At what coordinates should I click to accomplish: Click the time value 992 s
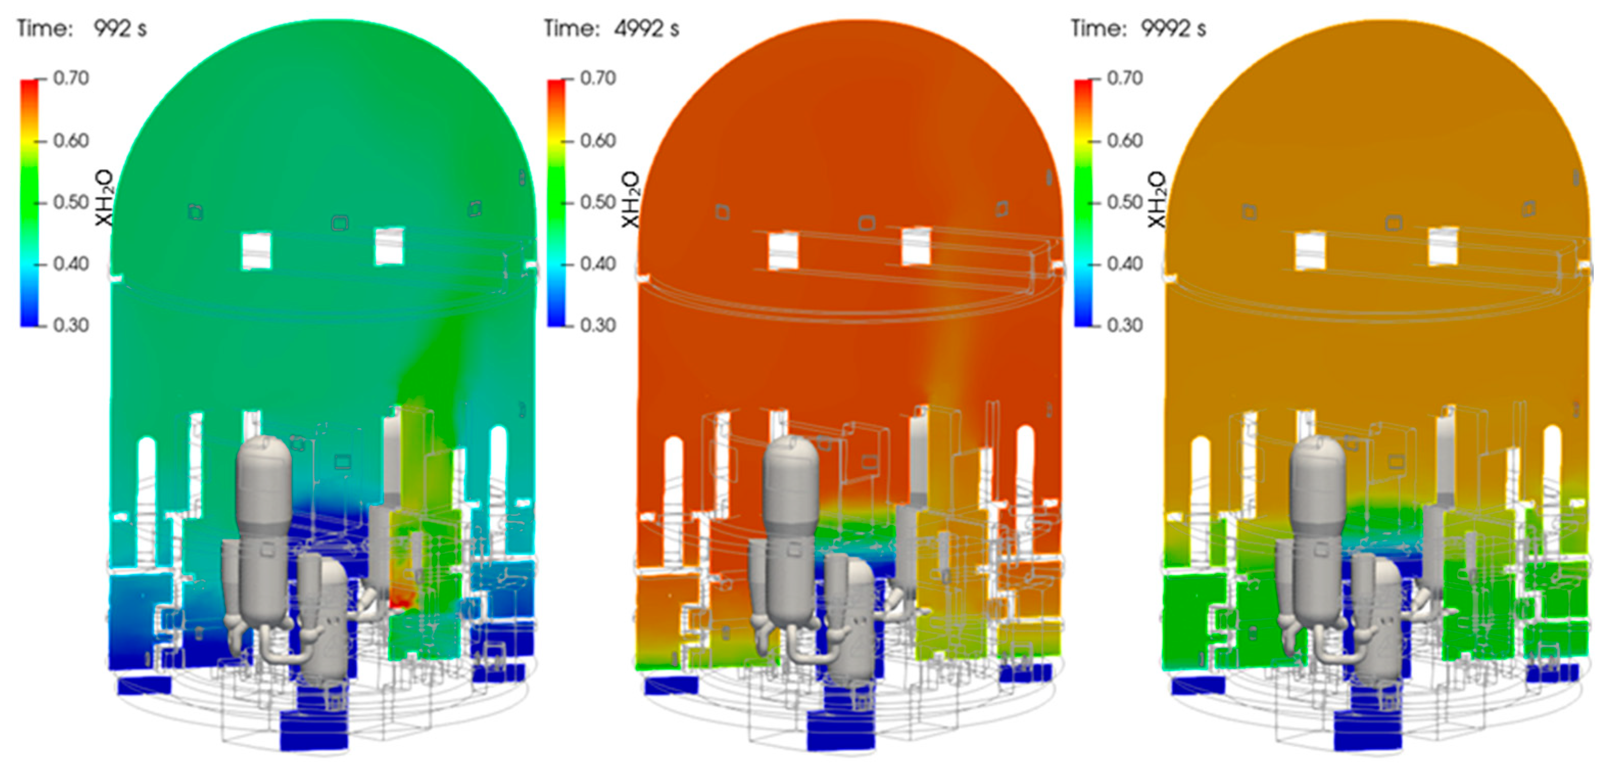[x=120, y=29]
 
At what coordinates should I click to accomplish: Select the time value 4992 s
[x=647, y=29]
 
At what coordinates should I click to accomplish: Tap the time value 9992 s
[x=1174, y=29]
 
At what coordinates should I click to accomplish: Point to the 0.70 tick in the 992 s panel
[x=71, y=78]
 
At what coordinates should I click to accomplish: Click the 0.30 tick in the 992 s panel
[x=71, y=325]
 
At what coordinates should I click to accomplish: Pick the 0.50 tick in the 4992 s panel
[x=598, y=202]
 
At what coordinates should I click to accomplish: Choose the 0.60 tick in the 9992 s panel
[x=1124, y=140]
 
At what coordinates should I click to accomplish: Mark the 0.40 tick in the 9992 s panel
[x=1124, y=263]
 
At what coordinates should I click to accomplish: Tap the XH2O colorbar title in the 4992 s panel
[x=630, y=199]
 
